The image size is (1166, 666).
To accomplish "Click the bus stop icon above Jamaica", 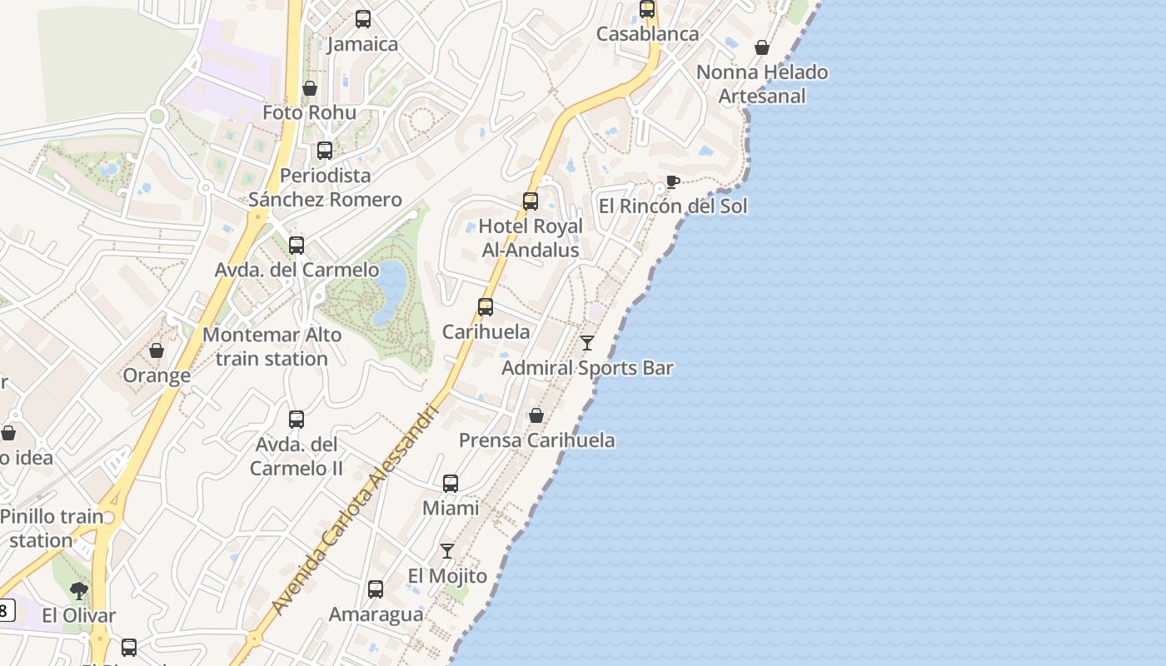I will pyautogui.click(x=363, y=18).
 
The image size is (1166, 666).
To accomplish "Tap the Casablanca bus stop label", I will pyautogui.click(x=647, y=34).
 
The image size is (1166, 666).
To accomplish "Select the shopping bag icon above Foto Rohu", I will pyautogui.click(x=310, y=88).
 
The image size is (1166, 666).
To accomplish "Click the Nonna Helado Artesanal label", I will pyautogui.click(x=762, y=84).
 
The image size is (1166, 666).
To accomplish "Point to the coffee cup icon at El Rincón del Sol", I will pyautogui.click(x=673, y=182).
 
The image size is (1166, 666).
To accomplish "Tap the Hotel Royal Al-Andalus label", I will pyautogui.click(x=531, y=238).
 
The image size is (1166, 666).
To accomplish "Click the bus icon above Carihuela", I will pyautogui.click(x=486, y=307).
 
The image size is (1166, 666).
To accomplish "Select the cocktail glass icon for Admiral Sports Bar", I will pyautogui.click(x=587, y=342).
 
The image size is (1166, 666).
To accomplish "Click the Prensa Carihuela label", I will pyautogui.click(x=537, y=440).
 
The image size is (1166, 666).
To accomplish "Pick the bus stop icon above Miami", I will pyautogui.click(x=451, y=483).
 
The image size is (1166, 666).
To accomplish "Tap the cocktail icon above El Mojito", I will pyautogui.click(x=447, y=550).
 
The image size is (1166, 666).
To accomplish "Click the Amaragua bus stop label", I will pyautogui.click(x=376, y=614).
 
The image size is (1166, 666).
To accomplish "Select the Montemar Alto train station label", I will pyautogui.click(x=272, y=347).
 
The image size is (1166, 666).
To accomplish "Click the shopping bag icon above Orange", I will pyautogui.click(x=157, y=350).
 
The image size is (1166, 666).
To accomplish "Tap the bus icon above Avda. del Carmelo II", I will pyautogui.click(x=296, y=420).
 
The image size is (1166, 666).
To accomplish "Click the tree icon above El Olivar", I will pyautogui.click(x=79, y=591).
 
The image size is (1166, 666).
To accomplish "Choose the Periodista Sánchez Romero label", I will pyautogui.click(x=325, y=187).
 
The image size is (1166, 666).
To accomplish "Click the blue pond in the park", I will pyautogui.click(x=390, y=291).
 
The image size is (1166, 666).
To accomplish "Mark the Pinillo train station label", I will pyautogui.click(x=51, y=528).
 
